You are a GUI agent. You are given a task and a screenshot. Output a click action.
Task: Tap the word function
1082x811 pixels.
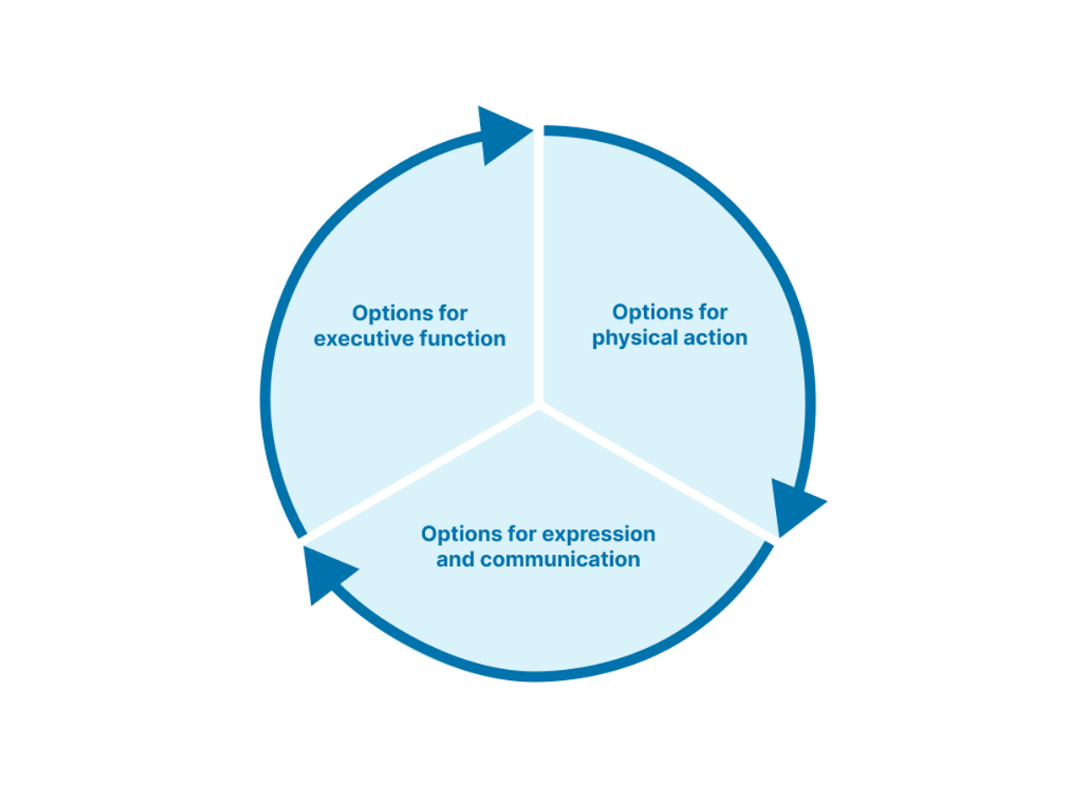(462, 339)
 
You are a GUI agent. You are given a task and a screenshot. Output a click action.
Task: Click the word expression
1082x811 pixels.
(598, 534)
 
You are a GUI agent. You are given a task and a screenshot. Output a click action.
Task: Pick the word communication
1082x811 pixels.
(560, 559)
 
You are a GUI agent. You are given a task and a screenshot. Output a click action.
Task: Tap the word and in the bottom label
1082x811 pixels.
(455, 559)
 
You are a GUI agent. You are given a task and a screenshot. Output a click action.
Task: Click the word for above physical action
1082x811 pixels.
(711, 313)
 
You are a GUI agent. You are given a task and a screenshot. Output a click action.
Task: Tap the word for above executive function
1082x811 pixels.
(451, 313)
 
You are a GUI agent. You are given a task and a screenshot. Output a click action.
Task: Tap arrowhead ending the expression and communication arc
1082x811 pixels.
(325, 572)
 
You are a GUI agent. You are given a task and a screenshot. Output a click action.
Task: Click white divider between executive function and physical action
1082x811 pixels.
(538, 270)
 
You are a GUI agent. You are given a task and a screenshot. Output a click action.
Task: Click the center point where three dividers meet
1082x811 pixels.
(538, 405)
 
